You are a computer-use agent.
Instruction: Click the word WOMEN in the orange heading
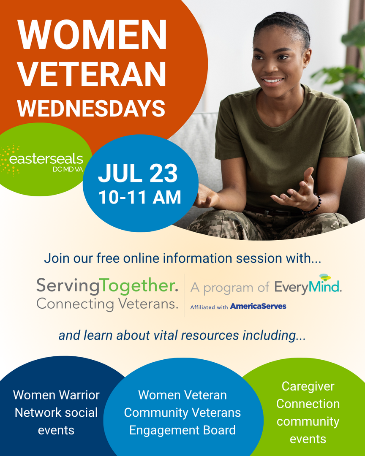(92, 35)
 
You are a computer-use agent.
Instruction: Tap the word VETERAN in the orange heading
(92, 73)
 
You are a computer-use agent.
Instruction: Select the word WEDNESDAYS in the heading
(91, 108)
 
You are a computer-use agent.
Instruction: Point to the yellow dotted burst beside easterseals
(9, 160)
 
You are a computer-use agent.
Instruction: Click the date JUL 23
(138, 174)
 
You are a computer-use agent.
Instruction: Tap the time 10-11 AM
(140, 198)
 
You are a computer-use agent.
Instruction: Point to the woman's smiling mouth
(272, 80)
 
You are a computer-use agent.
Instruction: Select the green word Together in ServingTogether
(139, 286)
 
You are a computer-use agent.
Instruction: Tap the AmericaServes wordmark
(258, 306)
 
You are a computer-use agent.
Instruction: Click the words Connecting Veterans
(107, 304)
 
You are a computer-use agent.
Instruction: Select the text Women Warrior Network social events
(56, 413)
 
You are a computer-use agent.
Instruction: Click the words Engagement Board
(182, 430)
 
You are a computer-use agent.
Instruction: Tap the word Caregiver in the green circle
(308, 386)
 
